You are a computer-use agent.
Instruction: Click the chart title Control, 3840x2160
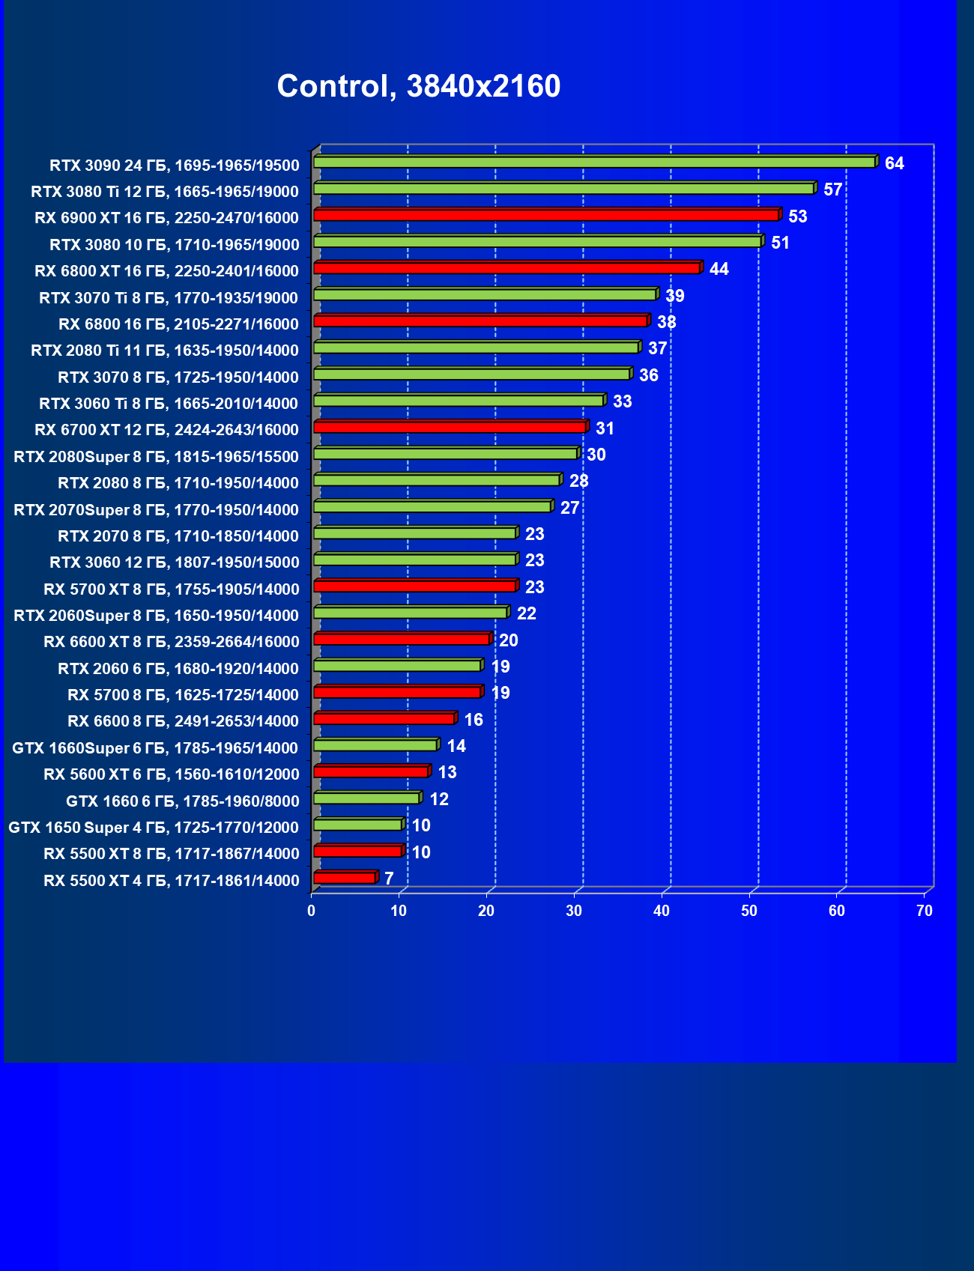418,86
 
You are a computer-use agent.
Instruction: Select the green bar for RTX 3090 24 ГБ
594,162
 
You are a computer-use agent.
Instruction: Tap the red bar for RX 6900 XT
546,215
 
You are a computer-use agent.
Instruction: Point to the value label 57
832,189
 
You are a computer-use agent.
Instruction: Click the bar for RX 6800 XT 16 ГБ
506,268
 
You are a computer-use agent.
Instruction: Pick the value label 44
719,269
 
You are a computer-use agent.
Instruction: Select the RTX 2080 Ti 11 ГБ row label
165,351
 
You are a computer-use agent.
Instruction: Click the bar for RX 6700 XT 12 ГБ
450,427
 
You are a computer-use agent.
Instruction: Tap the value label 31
605,428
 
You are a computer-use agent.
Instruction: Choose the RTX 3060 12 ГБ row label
174,562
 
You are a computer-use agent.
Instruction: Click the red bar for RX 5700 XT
414,586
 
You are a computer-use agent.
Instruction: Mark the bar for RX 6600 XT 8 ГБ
402,639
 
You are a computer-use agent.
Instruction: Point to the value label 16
474,720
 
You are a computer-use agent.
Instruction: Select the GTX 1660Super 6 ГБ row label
155,747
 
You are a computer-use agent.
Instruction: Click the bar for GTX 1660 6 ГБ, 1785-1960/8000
366,798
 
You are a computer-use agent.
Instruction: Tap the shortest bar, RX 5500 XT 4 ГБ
345,878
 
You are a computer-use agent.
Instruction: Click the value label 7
389,879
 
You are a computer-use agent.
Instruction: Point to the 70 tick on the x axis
925,911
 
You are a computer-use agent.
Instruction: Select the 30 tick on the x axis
574,911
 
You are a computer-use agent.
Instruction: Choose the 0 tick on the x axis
312,911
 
